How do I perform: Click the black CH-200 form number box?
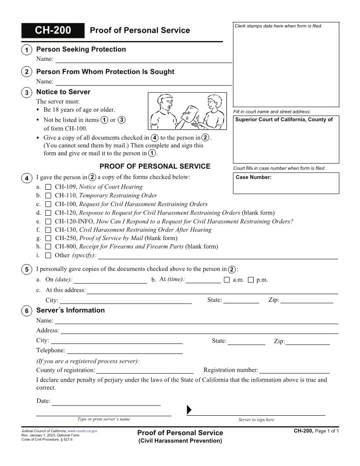[52, 30]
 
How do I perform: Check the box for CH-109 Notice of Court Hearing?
[49, 187]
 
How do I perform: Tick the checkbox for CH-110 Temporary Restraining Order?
[49, 195]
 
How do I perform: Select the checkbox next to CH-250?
[49, 238]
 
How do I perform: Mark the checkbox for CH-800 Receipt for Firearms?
[49, 247]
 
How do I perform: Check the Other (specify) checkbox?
[49, 256]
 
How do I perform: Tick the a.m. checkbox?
[227, 280]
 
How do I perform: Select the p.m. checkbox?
[251, 280]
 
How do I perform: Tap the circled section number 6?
[26, 311]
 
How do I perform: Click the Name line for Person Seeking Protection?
[143, 59]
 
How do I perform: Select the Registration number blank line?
[294, 370]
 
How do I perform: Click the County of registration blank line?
[145, 370]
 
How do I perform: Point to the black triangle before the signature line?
[189, 410]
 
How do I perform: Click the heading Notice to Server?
[63, 92]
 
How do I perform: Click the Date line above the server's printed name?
[106, 402]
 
